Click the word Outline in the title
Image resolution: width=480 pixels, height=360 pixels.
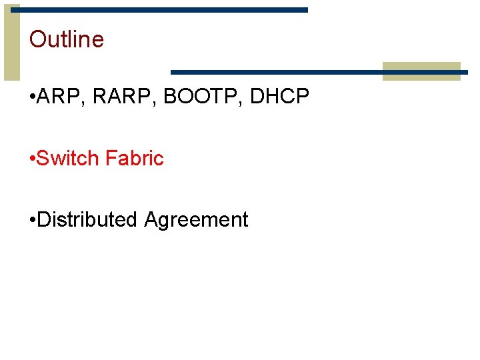click(67, 39)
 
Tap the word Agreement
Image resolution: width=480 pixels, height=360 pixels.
click(196, 221)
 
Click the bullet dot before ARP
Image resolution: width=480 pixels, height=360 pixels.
click(33, 98)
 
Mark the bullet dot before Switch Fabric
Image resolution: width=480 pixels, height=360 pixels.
click(33, 159)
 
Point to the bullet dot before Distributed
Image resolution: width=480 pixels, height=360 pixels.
click(33, 220)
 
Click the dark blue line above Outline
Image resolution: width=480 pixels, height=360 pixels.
click(160, 10)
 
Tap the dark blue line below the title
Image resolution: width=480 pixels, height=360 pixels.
click(276, 71)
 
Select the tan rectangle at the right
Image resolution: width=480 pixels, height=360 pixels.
click(421, 71)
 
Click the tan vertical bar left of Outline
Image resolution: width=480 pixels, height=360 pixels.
click(12, 41)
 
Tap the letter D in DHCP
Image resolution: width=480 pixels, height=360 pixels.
click(257, 97)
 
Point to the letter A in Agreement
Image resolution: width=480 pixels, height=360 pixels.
click(151, 219)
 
